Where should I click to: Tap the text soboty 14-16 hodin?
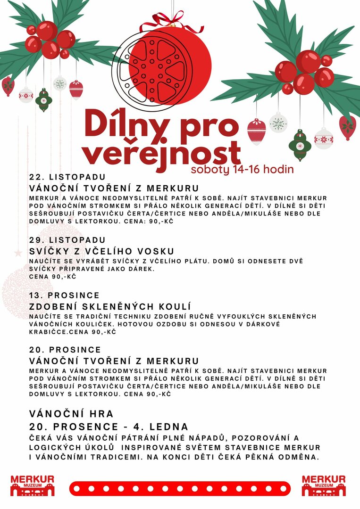click(242, 169)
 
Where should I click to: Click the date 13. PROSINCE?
click(64, 296)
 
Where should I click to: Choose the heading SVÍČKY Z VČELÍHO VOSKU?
click(101, 251)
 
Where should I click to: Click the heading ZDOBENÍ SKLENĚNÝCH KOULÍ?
click(109, 307)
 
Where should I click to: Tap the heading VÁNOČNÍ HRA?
click(71, 414)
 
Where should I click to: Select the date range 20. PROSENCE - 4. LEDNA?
click(109, 427)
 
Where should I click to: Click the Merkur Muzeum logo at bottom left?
click(32, 485)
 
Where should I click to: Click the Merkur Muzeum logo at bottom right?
click(324, 485)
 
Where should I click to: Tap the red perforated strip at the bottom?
click(180, 488)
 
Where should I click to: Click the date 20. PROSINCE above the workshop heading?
click(65, 350)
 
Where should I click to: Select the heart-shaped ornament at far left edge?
click(8, 86)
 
